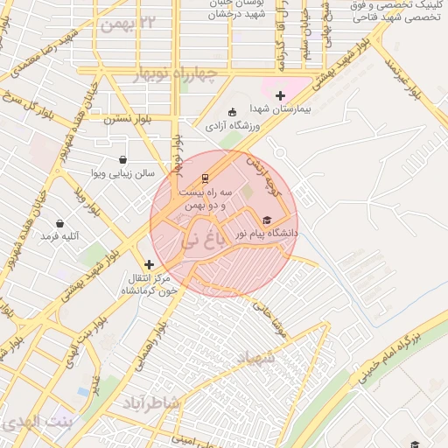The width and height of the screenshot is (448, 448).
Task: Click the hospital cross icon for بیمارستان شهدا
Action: tap(280, 95)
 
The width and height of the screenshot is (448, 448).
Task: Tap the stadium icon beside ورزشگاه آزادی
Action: tap(232, 112)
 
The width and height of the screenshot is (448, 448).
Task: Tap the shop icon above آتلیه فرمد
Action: tap(59, 223)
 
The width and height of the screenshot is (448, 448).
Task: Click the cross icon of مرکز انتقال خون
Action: tap(149, 263)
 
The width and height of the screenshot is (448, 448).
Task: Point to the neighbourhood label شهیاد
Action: tap(255, 358)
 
